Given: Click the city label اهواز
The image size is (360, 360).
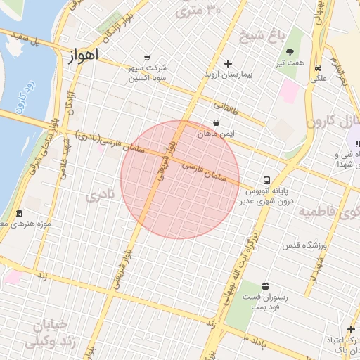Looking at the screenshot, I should click(x=84, y=56).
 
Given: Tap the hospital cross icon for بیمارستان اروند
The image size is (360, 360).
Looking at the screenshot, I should click(x=228, y=63).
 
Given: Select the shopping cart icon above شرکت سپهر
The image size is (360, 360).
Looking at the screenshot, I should click(x=146, y=58).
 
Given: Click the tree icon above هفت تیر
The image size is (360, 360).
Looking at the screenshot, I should click(x=290, y=51).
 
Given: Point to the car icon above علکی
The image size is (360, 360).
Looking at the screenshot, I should click(x=319, y=68).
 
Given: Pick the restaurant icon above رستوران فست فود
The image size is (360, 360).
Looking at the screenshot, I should click(x=264, y=286).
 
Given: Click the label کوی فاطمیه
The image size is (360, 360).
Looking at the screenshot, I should click(x=328, y=211).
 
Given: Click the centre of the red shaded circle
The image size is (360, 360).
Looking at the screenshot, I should click(x=180, y=179).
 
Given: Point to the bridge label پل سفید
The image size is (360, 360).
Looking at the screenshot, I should click(x=44, y=42).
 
